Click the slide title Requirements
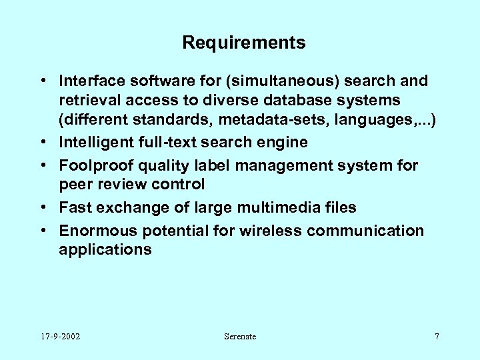tap(243, 43)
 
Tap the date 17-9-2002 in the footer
tap(60, 337)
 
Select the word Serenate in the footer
tap(240, 337)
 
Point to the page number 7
tap(437, 337)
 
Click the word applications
tap(105, 249)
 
